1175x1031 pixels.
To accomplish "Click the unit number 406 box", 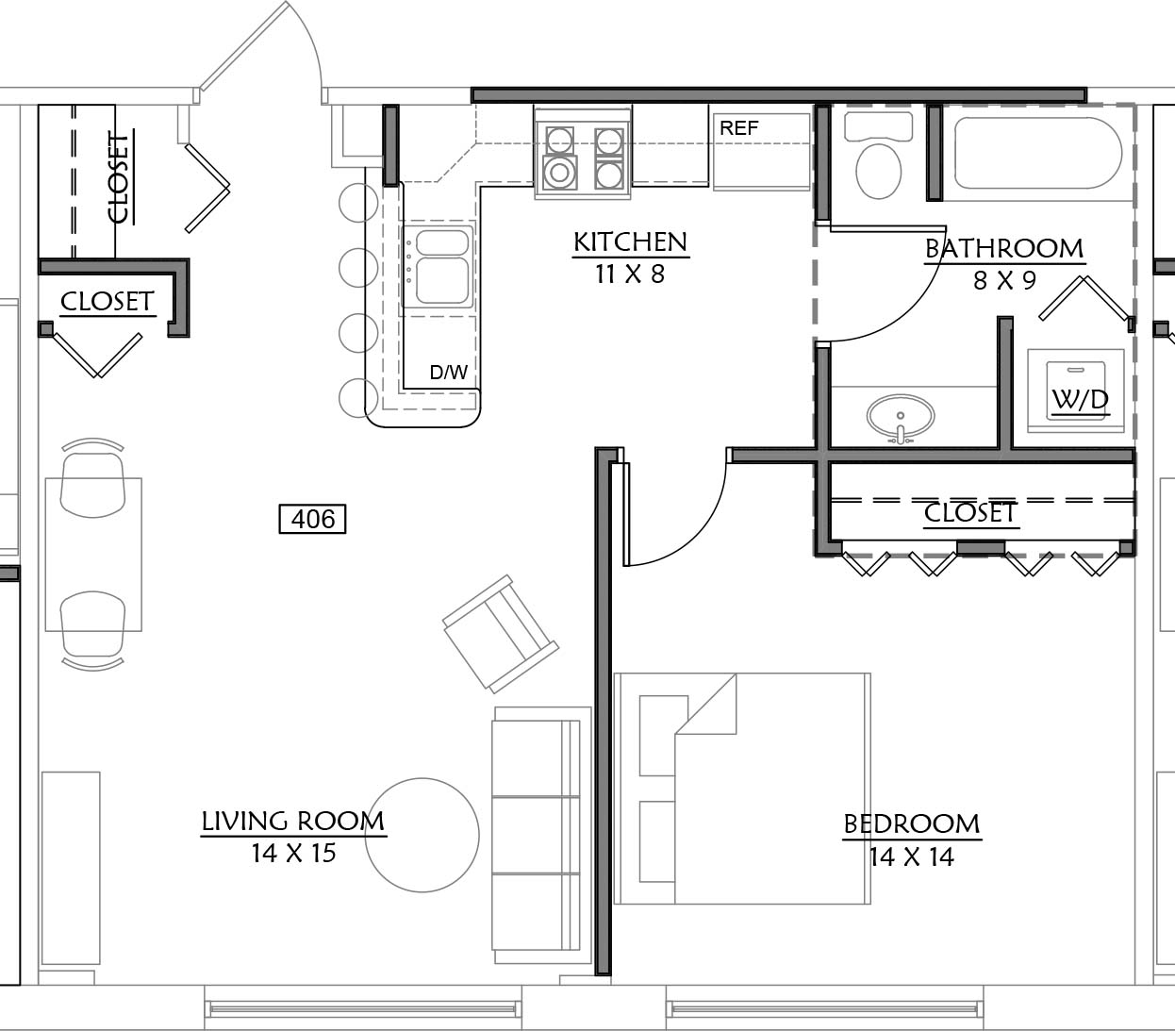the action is (312, 519).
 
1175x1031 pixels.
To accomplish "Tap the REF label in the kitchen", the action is (739, 127).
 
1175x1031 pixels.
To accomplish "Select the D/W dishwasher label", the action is (448, 372).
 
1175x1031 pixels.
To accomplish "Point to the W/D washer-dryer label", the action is (1080, 400).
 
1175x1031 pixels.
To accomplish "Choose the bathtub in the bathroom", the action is (1038, 153).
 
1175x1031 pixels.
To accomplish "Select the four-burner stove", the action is (583, 154).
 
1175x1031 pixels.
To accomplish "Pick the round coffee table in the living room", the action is (422, 835).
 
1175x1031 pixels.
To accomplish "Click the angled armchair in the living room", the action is (501, 634).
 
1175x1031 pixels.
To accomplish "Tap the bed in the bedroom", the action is (742, 789).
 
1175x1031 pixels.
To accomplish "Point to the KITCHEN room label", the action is (631, 241).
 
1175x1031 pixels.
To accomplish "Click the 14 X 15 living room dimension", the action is (293, 853).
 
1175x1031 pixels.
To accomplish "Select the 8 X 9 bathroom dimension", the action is (1004, 281).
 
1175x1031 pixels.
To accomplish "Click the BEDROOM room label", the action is (912, 823).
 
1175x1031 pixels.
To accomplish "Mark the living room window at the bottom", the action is (363, 1008).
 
